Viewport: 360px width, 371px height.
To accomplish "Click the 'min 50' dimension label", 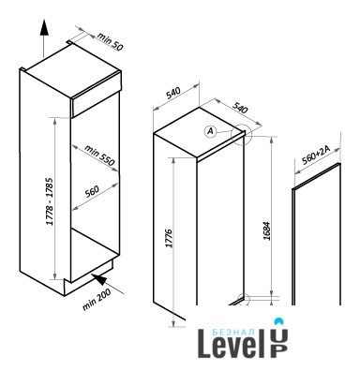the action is pos(111,41).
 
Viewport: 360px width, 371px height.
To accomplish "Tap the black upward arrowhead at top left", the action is pos(44,27).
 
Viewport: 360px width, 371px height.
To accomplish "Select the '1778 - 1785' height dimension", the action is pos(50,201).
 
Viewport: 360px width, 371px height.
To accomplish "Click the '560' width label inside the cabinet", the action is pos(92,191).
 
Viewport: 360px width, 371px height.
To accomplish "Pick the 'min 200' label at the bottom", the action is pos(97,300).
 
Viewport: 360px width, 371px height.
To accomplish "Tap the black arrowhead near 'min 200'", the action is pos(100,279).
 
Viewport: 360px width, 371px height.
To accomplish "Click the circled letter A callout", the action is pos(211,131).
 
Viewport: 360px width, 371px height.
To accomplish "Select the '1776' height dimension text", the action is pos(169,239).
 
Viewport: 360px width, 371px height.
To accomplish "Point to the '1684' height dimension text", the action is pos(266,230).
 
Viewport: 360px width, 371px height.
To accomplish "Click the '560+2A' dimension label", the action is pos(316,156).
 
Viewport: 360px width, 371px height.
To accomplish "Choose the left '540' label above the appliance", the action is pos(173,93).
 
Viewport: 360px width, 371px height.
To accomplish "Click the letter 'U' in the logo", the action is pos(278,336).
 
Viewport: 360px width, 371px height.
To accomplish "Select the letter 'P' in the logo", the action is pos(278,351).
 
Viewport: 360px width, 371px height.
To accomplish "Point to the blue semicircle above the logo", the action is pos(277,321).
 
